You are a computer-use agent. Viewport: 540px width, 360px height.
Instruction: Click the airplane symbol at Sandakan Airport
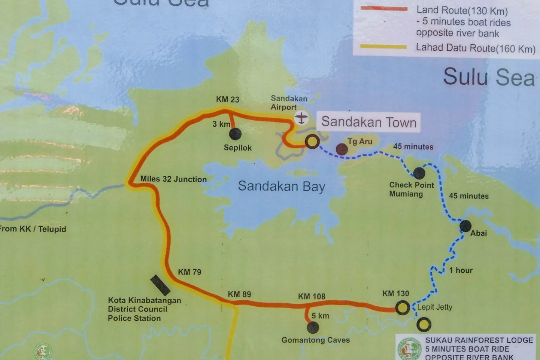[301, 118]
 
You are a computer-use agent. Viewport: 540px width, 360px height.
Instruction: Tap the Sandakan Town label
[369, 122]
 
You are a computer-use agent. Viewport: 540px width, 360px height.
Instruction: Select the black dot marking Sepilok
[235, 134]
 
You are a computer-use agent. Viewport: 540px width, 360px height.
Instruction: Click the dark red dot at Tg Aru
[342, 149]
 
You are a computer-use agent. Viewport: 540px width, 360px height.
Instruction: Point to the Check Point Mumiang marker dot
[419, 173]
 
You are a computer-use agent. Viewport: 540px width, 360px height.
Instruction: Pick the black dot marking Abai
[465, 226]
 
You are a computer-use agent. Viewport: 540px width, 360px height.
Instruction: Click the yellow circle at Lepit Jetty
[402, 307]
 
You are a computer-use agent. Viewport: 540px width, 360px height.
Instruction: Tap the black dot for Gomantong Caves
[313, 328]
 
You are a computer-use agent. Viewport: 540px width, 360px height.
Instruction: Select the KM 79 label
[190, 272]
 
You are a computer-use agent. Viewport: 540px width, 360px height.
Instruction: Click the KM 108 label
[312, 296]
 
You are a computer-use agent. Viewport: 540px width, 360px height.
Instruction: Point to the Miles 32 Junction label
[173, 179]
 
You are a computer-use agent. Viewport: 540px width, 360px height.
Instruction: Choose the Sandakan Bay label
[281, 186]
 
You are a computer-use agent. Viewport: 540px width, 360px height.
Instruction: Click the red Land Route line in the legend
[384, 9]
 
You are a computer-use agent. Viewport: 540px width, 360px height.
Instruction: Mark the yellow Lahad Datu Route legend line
[383, 47]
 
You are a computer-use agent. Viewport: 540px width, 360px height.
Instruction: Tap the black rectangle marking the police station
[160, 285]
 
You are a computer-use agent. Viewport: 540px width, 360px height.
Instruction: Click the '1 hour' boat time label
[461, 270]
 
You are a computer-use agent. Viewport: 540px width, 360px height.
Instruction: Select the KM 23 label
[228, 99]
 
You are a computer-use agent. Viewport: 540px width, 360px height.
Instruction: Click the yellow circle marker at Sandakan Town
[312, 141]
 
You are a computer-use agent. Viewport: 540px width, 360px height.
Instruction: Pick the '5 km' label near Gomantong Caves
[320, 316]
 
